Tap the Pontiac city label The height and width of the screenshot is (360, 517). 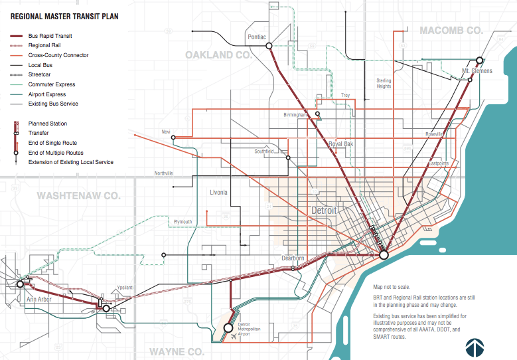coord(256,37)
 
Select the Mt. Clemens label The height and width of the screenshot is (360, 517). coord(477,70)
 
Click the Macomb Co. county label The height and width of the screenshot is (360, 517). coord(451,31)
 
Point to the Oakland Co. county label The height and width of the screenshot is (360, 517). coord(219,54)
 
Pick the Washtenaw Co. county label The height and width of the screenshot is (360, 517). coord(78,196)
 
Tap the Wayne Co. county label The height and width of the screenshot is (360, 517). coord(176,351)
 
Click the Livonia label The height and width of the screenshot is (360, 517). coord(218,193)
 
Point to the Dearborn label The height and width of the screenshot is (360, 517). coord(293,258)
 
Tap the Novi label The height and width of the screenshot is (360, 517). coord(165,132)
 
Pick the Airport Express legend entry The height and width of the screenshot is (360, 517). coord(46,94)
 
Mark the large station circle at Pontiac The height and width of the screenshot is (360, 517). coord(269,46)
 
